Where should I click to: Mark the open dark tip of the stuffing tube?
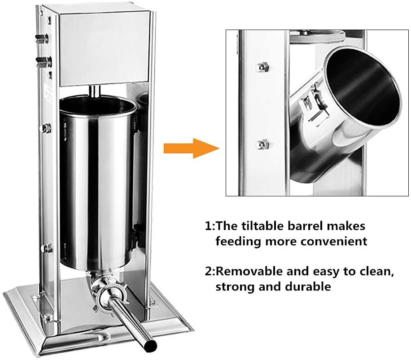click(x=152, y=345)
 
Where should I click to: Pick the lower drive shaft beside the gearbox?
click(x=44, y=60)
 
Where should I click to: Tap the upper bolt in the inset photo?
click(x=262, y=67)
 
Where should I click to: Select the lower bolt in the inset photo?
click(x=262, y=144)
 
